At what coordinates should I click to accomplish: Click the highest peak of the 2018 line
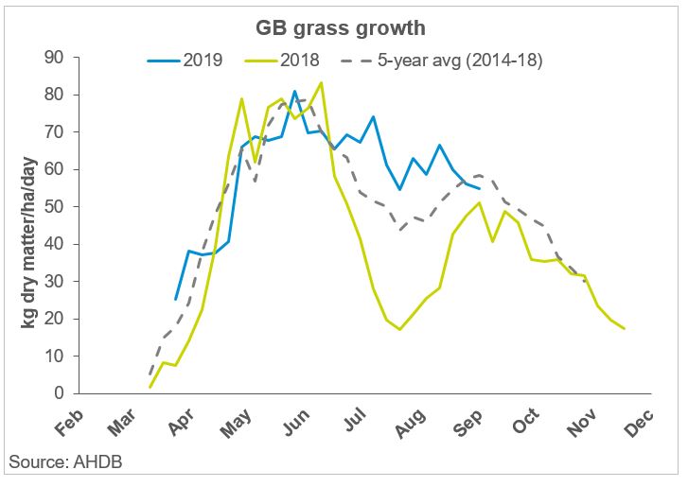(x=321, y=82)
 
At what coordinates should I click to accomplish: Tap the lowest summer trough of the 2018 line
(x=400, y=329)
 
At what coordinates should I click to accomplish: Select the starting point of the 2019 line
(x=176, y=299)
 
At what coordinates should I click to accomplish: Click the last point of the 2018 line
(x=625, y=328)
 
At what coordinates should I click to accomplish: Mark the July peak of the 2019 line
(x=373, y=117)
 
